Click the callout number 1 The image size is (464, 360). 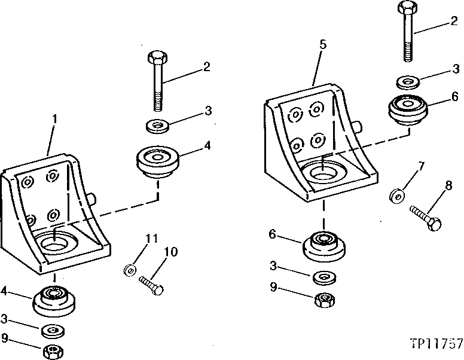coord(54,118)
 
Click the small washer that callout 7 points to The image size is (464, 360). coord(395,196)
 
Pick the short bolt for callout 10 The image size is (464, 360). coord(151,285)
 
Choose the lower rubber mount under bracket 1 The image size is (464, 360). coord(54,300)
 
